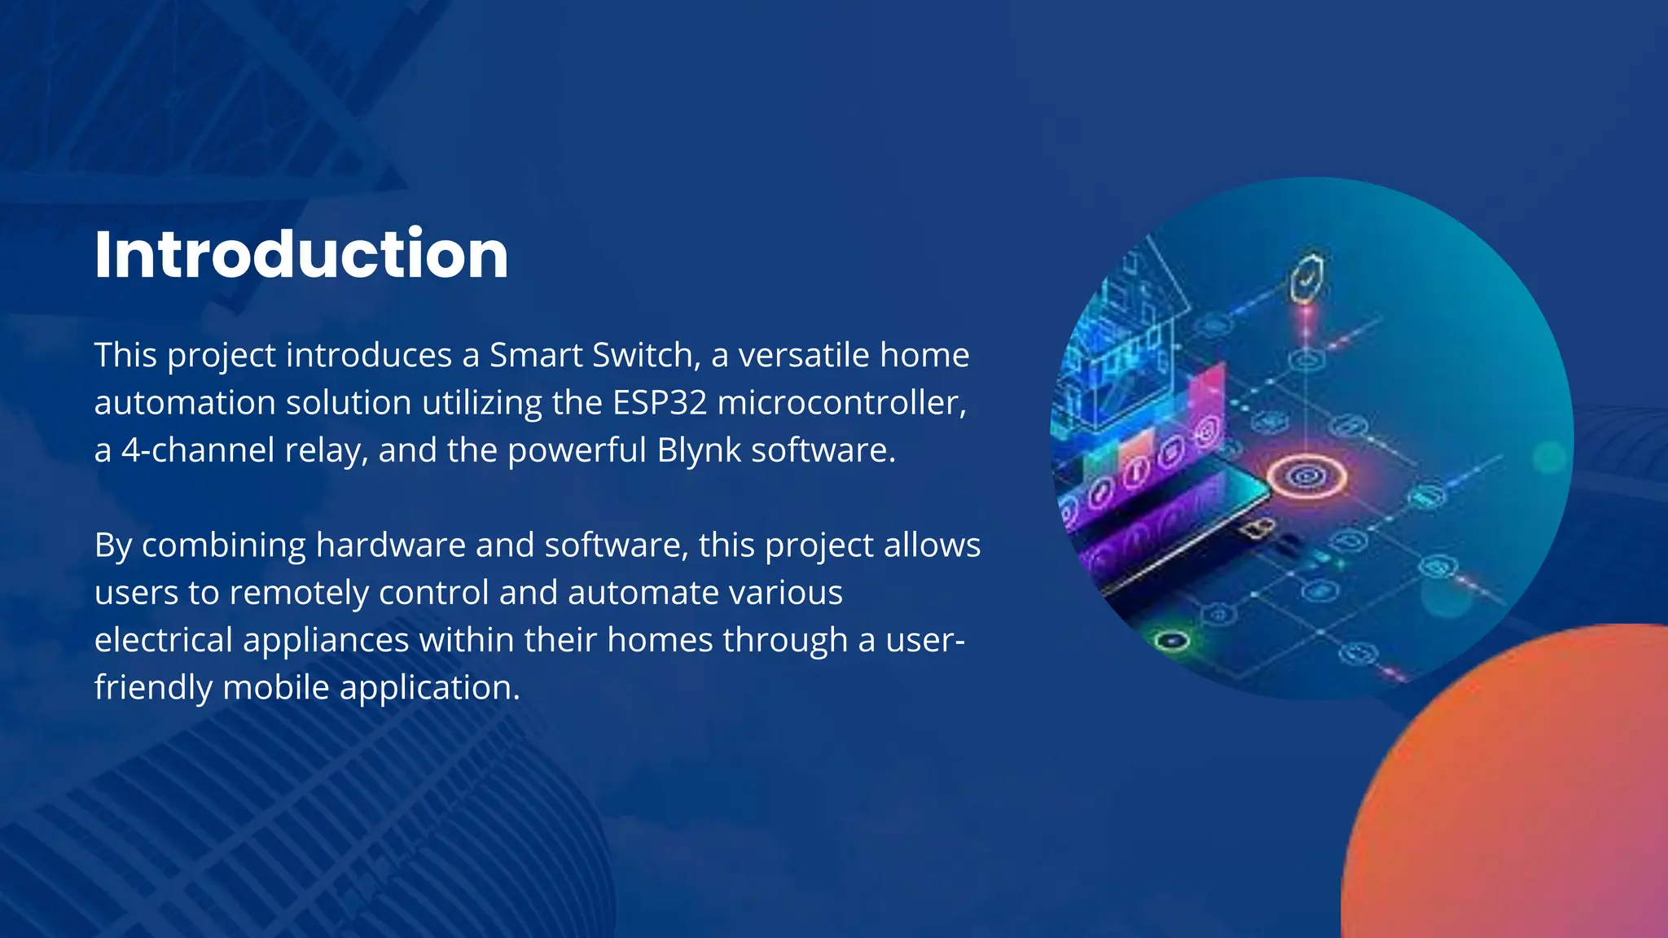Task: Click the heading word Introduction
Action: [301, 255]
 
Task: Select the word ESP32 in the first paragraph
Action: [660, 403]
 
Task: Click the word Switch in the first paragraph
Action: [642, 356]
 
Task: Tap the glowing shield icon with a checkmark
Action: [1306, 278]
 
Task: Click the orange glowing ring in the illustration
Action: [1306, 476]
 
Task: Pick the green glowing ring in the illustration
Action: [1172, 641]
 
